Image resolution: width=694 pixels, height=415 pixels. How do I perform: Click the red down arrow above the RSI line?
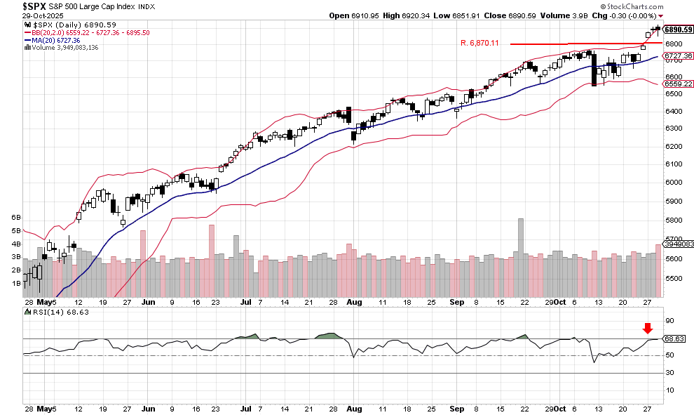pos(648,328)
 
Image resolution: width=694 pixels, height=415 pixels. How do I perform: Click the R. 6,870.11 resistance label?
pos(479,44)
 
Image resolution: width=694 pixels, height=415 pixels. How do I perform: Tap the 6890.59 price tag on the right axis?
pos(678,29)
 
